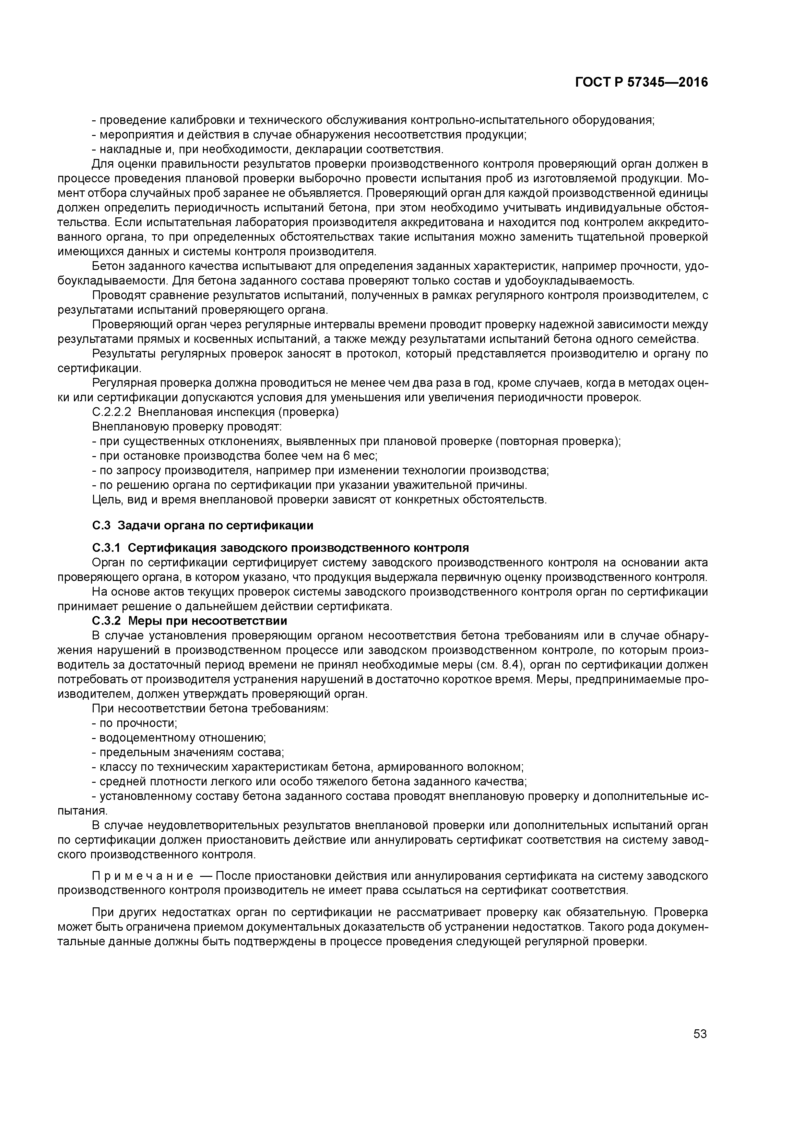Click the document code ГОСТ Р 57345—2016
tap(642, 82)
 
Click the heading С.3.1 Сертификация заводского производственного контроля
tap(280, 548)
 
